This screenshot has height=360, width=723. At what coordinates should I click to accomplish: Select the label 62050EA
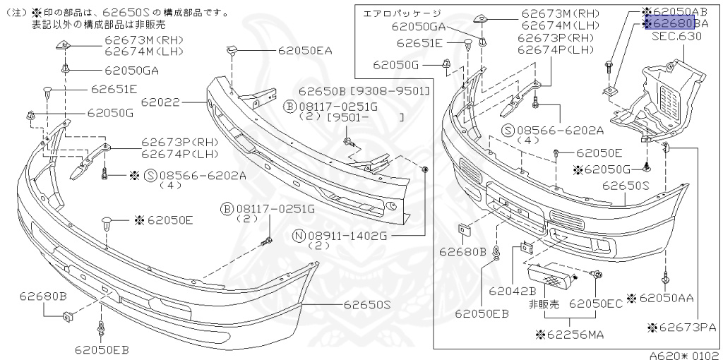[304, 51]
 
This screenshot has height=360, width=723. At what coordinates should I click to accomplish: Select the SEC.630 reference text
[676, 36]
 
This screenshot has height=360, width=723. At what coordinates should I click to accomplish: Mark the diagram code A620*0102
[684, 356]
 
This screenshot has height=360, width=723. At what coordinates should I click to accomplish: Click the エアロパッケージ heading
[401, 13]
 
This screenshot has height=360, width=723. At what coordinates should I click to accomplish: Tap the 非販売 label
[544, 304]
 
